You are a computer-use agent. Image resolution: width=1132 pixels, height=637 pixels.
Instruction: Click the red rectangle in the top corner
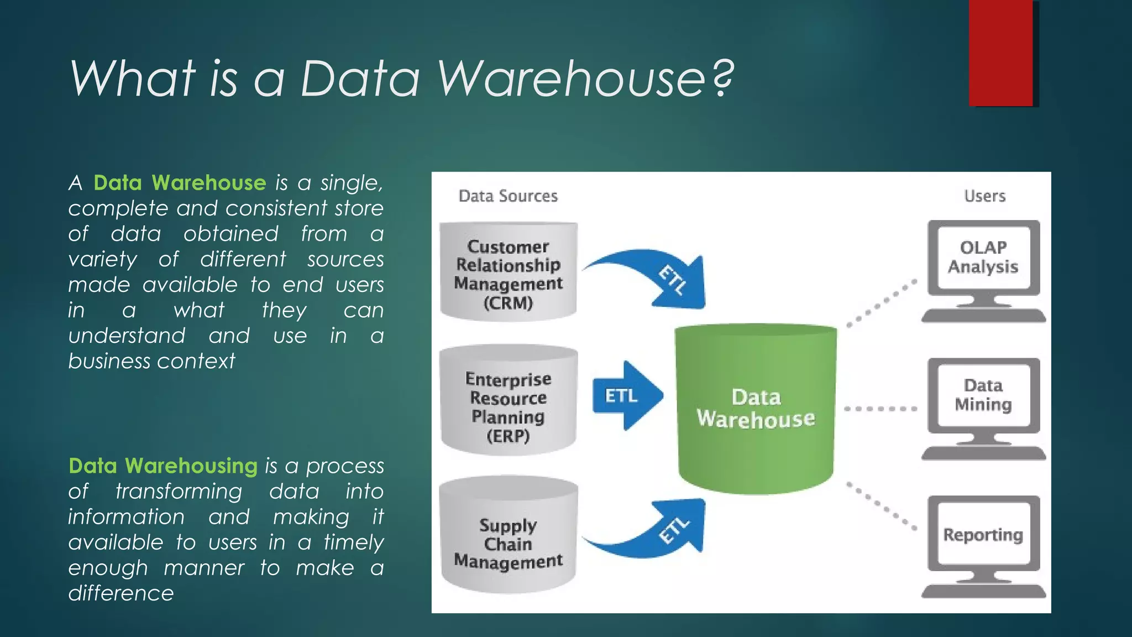(x=1001, y=53)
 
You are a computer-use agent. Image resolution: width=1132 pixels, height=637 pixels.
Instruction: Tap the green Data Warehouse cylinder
(x=756, y=409)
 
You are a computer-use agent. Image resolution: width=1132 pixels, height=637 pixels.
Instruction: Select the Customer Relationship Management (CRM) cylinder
(x=508, y=273)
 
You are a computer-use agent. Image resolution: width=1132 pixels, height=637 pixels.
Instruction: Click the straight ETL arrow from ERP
(x=627, y=396)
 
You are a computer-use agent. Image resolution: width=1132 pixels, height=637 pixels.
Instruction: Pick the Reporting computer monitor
(x=983, y=540)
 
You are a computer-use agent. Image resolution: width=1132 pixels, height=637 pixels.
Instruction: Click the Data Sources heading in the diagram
(x=508, y=196)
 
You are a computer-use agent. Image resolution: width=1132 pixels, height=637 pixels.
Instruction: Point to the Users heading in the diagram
(x=984, y=196)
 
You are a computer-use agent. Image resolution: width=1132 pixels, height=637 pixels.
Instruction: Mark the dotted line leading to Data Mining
(x=880, y=409)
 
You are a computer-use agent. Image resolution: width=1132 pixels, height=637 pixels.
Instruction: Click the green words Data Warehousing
(x=163, y=466)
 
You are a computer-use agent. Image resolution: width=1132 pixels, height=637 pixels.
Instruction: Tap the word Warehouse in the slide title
(x=572, y=79)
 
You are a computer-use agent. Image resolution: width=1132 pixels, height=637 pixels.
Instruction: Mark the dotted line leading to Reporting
(x=881, y=507)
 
